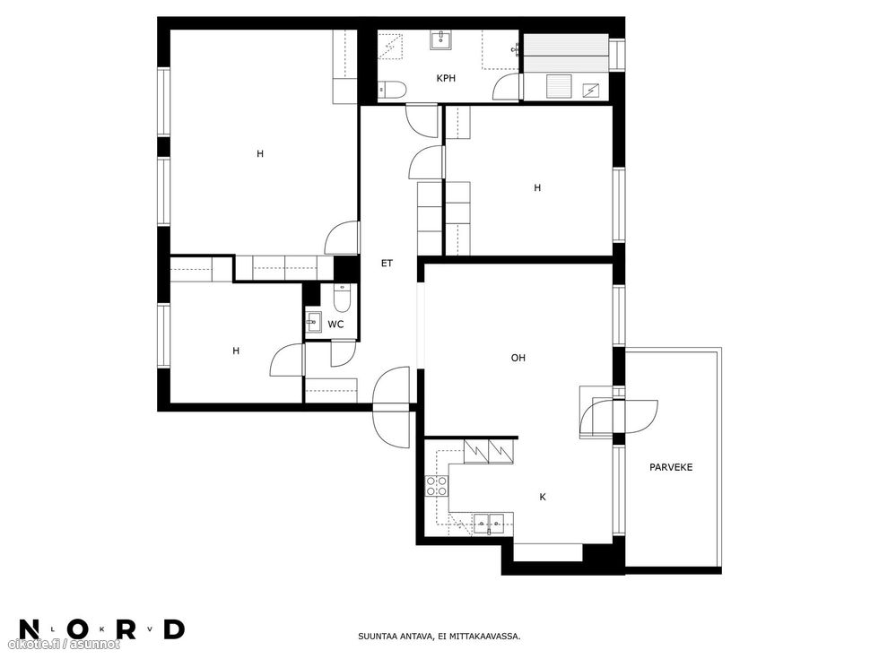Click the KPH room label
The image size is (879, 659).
[x=446, y=79]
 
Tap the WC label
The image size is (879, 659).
[x=335, y=325]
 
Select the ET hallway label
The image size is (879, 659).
[x=387, y=263]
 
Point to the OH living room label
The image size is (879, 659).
[x=518, y=358]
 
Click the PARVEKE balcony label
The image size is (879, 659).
[x=671, y=467]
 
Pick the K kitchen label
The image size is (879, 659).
[x=542, y=497]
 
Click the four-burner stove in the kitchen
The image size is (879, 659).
[x=437, y=486]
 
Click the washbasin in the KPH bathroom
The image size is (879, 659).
[x=441, y=40]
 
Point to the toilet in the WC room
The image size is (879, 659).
[x=342, y=298]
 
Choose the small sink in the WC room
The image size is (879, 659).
[x=314, y=322]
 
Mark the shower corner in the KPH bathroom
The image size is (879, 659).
[x=391, y=46]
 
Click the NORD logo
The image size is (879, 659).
[x=101, y=629]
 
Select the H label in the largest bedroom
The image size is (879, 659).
[x=259, y=153]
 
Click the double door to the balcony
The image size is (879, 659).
[x=619, y=417]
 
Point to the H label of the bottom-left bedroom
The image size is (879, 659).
[x=236, y=351]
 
